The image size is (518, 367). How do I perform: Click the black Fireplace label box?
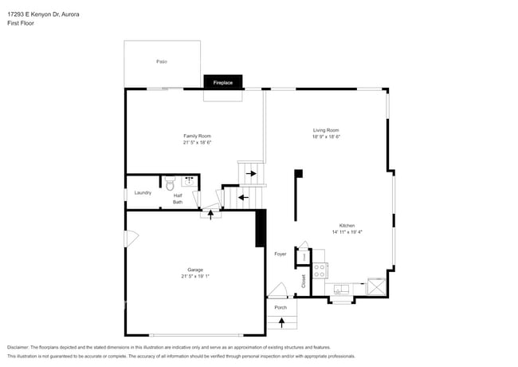223,81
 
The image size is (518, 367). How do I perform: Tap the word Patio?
161,61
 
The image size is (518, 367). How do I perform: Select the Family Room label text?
197,136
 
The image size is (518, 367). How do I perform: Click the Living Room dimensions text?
326,136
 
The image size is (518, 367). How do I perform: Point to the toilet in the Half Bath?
170,182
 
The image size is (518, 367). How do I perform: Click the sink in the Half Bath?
188,180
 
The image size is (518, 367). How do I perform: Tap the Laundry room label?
143,192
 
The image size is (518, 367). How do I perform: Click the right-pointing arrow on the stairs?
251,173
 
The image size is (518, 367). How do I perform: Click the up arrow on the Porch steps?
281,322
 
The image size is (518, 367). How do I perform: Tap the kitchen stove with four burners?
319,270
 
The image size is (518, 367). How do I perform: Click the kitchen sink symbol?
342,290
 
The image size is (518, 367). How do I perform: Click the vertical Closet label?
304,281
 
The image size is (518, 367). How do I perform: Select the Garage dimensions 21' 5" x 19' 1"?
195,276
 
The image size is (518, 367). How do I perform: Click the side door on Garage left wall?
131,238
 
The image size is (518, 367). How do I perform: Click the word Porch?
281,307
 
